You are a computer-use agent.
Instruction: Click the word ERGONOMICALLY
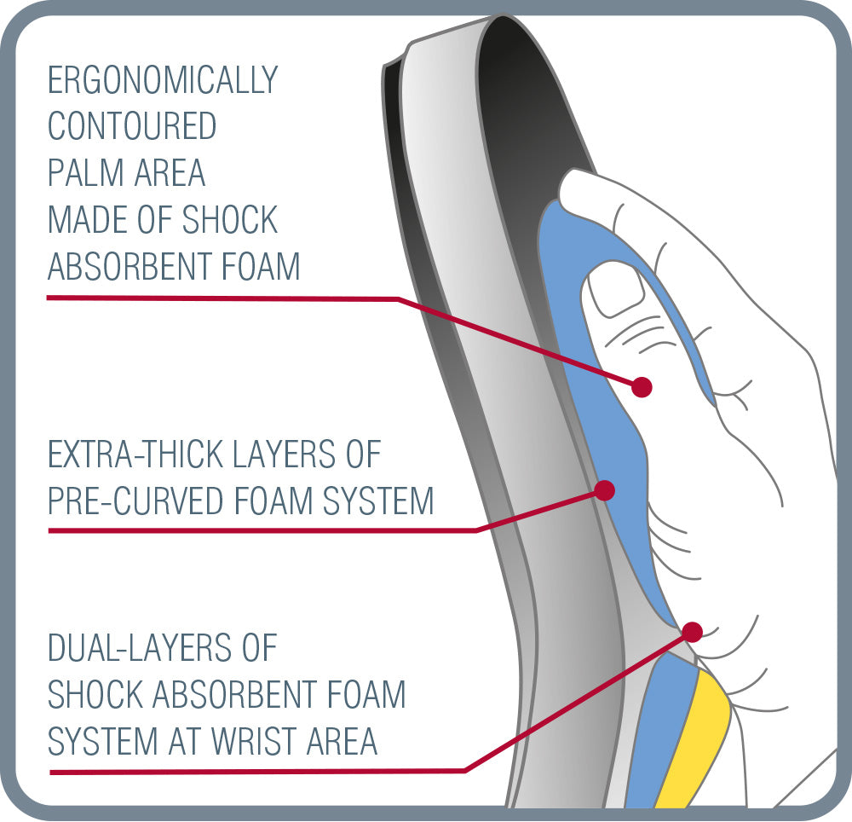[163, 81]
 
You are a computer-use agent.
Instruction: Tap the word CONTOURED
[132, 127]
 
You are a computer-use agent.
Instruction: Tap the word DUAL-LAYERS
[162, 648]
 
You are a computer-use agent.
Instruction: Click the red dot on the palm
[642, 387]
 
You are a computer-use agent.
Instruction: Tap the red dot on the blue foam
[605, 490]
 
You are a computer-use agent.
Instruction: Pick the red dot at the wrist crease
[692, 632]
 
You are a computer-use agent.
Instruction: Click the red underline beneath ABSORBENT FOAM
[222, 298]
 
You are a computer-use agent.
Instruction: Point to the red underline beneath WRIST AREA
[256, 771]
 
